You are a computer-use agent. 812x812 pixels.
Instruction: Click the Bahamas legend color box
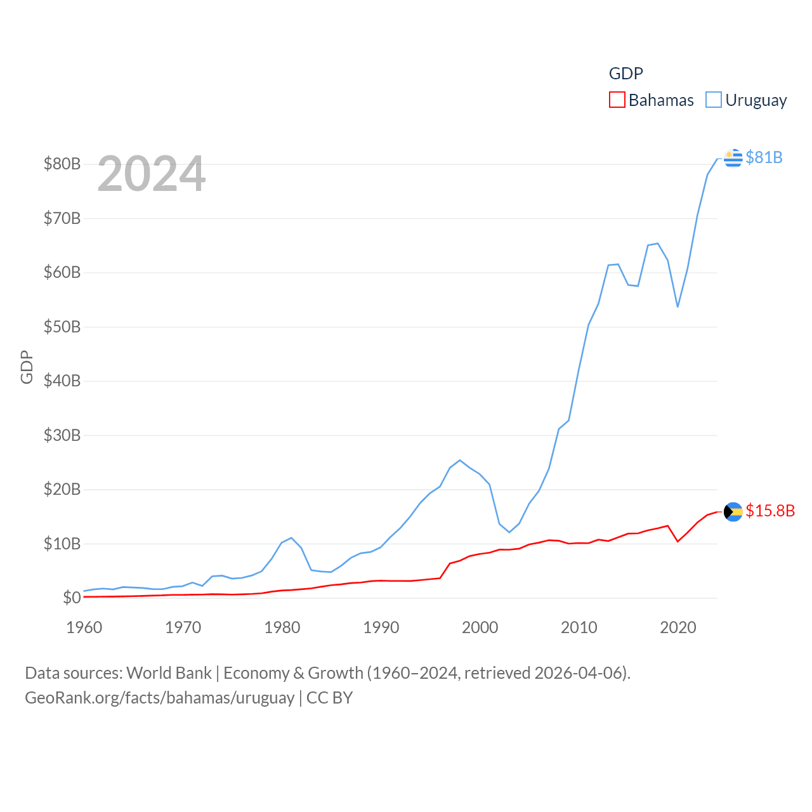617,100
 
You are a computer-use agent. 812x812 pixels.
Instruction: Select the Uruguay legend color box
714,100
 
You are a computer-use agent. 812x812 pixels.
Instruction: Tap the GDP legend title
625,74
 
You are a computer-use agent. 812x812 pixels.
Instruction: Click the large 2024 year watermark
152,174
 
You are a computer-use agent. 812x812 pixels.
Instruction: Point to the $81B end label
764,157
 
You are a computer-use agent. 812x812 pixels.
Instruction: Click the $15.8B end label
770,511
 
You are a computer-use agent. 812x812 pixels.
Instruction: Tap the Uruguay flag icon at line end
733,157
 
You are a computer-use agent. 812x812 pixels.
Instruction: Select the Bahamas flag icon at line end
733,511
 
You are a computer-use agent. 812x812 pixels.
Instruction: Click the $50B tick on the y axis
62,327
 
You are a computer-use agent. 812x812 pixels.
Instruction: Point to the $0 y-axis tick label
72,598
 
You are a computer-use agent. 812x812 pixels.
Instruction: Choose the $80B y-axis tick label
62,164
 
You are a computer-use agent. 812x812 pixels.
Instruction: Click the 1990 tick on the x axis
381,627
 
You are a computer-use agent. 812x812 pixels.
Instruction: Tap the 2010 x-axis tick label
579,627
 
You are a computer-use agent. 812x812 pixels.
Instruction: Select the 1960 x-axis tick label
84,627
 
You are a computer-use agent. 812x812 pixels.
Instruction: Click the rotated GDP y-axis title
27,367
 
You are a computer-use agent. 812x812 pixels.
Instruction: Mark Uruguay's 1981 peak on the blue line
291,538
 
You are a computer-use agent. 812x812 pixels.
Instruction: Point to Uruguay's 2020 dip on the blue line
678,307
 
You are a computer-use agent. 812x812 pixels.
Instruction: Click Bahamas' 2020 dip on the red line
678,541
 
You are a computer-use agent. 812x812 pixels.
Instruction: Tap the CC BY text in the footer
329,698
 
